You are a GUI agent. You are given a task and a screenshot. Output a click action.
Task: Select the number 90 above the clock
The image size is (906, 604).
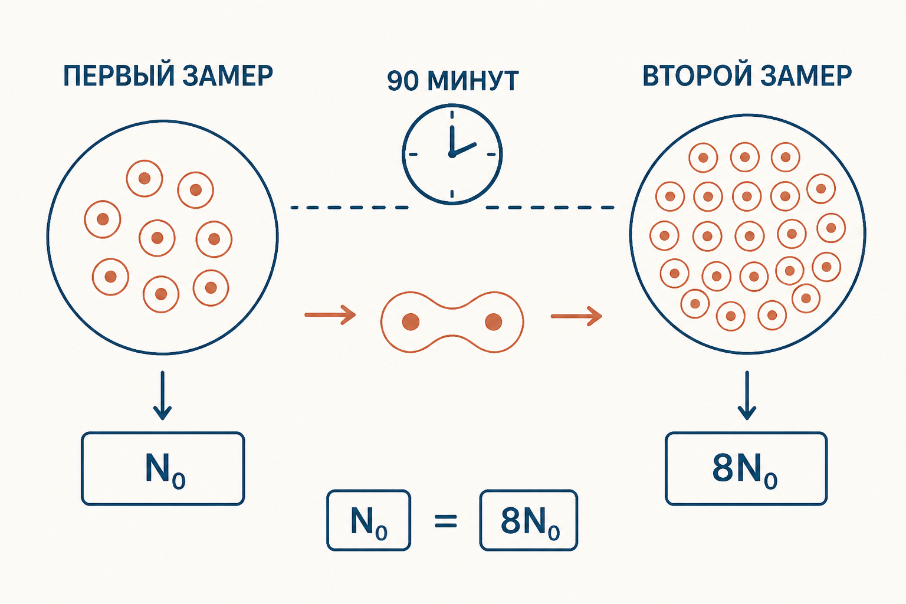pyautogui.click(x=402, y=81)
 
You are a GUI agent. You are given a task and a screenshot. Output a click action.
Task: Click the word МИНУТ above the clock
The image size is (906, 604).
pyautogui.click(x=473, y=81)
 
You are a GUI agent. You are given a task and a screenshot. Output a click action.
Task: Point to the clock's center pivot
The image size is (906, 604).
pyautogui.click(x=452, y=154)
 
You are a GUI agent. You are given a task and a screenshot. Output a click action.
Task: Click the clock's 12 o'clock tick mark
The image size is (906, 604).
pyautogui.click(x=452, y=114)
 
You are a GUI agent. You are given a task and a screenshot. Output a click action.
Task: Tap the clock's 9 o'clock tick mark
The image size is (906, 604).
pyautogui.click(x=413, y=154)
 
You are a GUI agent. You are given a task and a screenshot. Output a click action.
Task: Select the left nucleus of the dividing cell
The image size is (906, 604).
pyautogui.click(x=411, y=322)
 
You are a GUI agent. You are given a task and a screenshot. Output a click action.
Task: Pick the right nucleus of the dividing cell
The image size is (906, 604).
pyautogui.click(x=493, y=322)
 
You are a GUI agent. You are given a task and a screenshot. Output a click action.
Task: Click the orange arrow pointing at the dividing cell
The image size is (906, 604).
pyautogui.click(x=330, y=315)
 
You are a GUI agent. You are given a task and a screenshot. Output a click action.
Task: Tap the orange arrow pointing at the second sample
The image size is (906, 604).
pyautogui.click(x=576, y=316)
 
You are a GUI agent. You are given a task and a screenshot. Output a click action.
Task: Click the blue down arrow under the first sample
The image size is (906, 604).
pyautogui.click(x=163, y=395)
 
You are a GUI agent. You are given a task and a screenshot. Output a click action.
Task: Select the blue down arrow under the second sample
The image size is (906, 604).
pyautogui.click(x=747, y=395)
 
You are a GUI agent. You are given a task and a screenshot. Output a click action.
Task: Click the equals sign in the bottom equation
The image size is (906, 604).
pyautogui.click(x=446, y=521)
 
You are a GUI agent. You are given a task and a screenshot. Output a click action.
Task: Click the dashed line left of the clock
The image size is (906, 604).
pyautogui.click(x=349, y=208)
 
